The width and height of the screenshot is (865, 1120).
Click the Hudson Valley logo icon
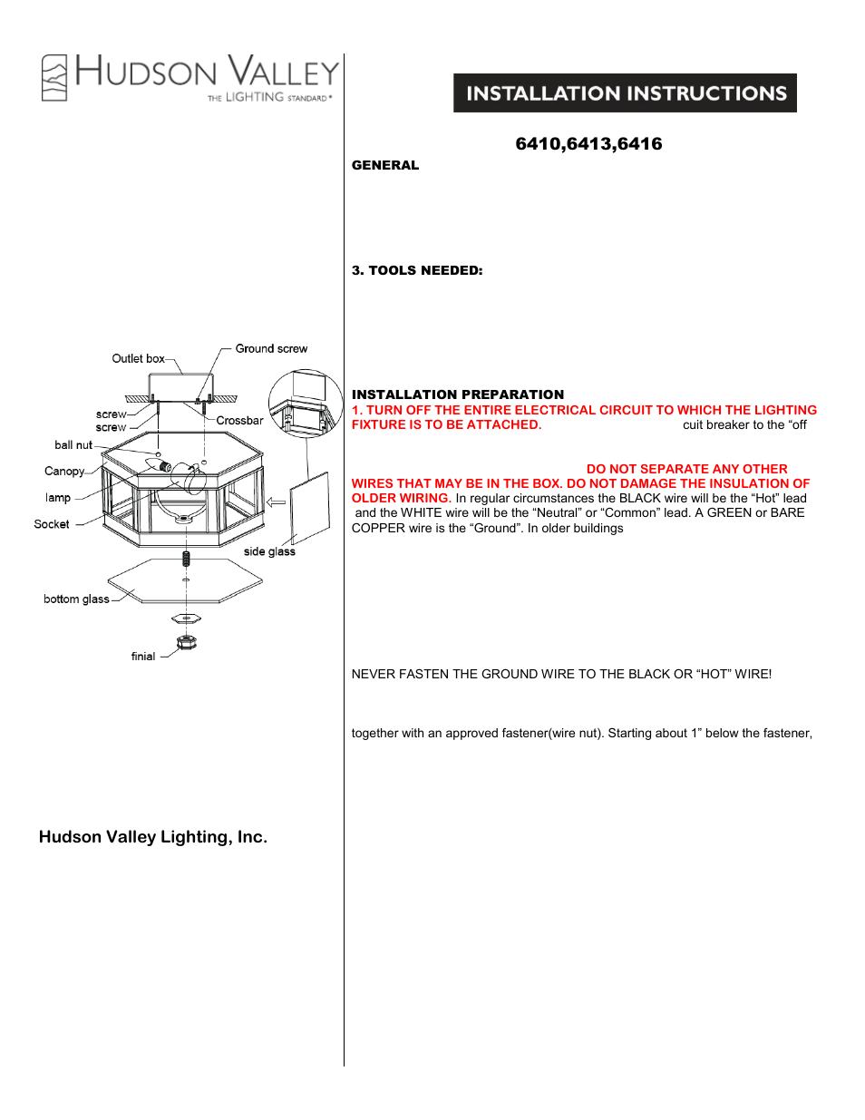tap(54, 77)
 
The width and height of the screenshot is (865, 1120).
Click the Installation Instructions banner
tap(625, 93)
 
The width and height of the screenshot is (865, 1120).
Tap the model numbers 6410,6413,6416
tap(588, 144)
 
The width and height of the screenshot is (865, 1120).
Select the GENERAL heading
tap(385, 165)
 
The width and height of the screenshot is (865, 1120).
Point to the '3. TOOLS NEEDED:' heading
tap(417, 270)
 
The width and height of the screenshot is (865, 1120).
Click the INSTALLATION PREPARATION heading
tap(458, 394)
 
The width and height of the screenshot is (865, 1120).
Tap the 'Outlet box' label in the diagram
tap(138, 358)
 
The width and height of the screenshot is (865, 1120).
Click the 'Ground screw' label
tap(271, 348)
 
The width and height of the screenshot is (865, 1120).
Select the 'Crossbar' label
tap(239, 421)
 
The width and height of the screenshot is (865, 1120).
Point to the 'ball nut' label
tap(73, 445)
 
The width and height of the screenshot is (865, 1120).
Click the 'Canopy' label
tap(64, 472)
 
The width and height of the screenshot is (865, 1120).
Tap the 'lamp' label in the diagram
tap(58, 498)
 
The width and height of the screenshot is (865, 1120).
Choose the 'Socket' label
tap(52, 524)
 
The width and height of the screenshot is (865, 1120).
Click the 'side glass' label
tap(269, 551)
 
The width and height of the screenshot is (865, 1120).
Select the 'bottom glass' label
tap(76, 599)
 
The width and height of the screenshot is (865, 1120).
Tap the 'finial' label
tap(143, 657)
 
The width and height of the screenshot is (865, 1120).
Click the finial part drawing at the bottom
tap(187, 642)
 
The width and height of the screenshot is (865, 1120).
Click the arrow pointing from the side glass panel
tap(276, 502)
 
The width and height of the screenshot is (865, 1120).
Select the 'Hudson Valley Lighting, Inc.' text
tap(153, 837)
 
